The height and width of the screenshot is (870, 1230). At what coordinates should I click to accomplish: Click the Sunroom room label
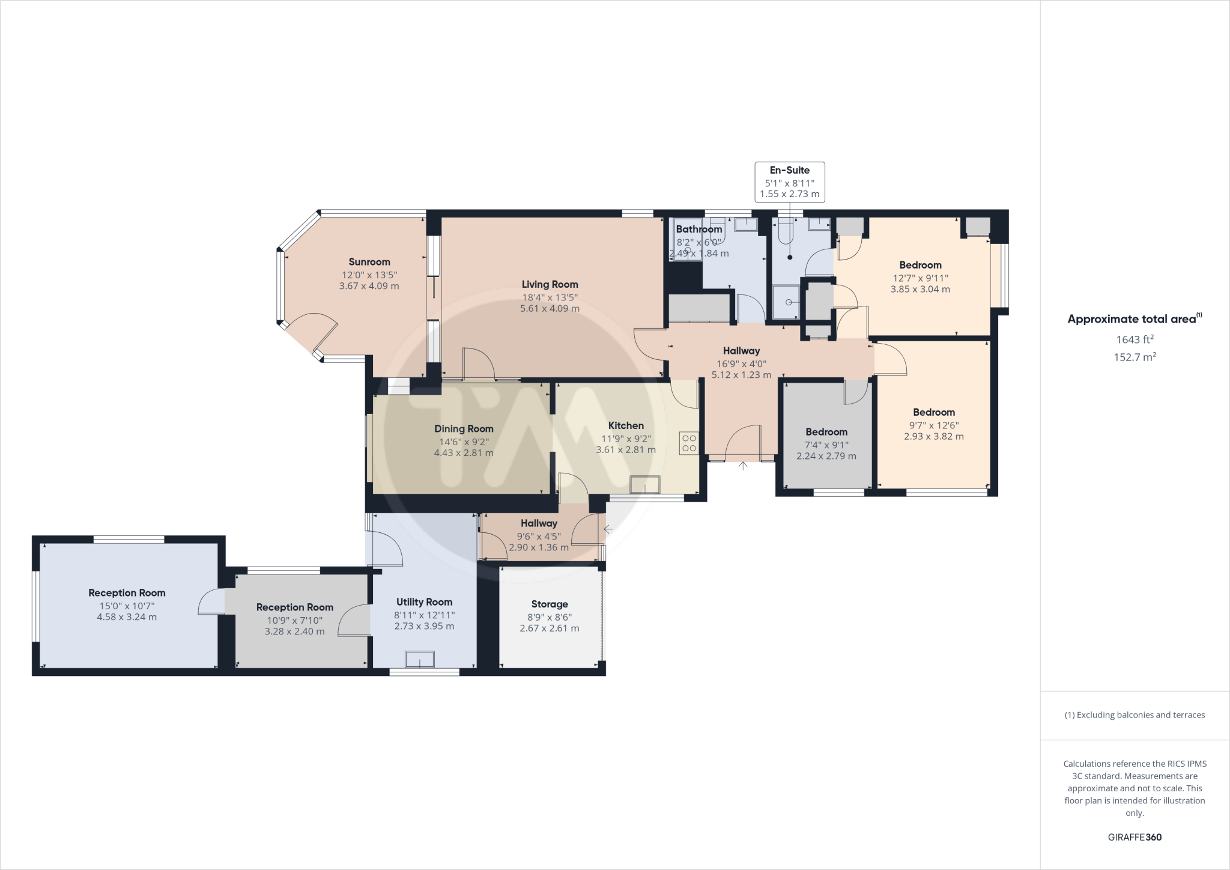pyautogui.click(x=369, y=262)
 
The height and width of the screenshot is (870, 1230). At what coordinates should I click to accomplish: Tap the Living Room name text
pyautogui.click(x=550, y=284)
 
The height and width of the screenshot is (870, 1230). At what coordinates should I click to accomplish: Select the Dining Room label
pyautogui.click(x=464, y=428)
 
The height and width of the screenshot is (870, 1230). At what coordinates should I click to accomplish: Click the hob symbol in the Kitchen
pyautogui.click(x=689, y=443)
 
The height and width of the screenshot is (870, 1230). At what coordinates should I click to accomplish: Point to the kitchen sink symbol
pyautogui.click(x=645, y=484)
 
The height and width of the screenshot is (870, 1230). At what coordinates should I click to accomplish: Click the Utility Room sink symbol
pyautogui.click(x=419, y=659)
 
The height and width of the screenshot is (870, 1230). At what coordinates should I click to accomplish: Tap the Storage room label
pyautogui.click(x=550, y=604)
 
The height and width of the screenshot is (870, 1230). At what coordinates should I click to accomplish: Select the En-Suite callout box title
pyautogui.click(x=789, y=170)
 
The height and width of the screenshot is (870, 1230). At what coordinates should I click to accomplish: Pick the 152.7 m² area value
pyautogui.click(x=1134, y=357)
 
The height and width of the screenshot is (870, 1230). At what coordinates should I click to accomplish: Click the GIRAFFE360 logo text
pyautogui.click(x=1135, y=837)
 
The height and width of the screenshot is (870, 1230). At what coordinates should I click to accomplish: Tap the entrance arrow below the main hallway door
pyautogui.click(x=743, y=466)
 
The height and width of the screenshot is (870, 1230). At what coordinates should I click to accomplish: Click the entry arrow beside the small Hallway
pyautogui.click(x=608, y=529)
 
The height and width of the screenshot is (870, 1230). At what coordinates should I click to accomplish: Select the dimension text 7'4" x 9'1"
pyautogui.click(x=826, y=445)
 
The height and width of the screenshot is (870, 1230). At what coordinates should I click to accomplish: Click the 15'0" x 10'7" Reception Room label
pyautogui.click(x=127, y=593)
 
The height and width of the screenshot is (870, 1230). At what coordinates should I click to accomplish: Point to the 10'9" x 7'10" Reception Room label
pyautogui.click(x=294, y=607)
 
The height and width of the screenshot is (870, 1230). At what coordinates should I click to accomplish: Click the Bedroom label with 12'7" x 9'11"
pyautogui.click(x=920, y=265)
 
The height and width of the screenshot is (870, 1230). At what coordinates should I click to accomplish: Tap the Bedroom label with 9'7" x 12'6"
pyautogui.click(x=934, y=412)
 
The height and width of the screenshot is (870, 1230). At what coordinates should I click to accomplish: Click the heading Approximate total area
pyautogui.click(x=1132, y=319)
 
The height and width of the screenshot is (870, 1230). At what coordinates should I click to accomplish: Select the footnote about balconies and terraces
pyautogui.click(x=1135, y=715)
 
